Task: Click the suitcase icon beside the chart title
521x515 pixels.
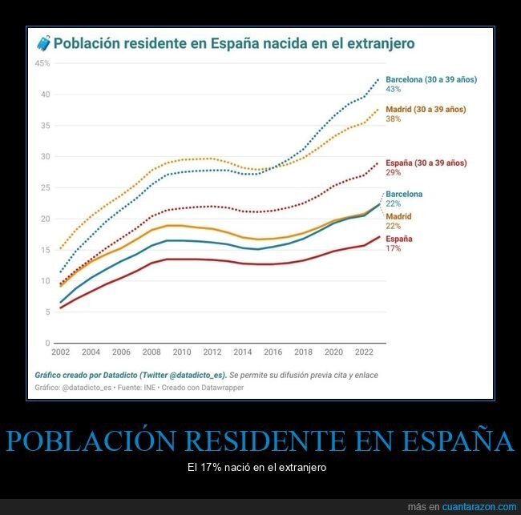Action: point(42,43)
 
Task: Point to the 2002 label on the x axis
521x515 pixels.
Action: point(60,352)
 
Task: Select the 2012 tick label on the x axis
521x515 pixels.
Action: point(212,352)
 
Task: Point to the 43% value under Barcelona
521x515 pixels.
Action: point(393,90)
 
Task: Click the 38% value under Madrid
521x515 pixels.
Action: point(393,119)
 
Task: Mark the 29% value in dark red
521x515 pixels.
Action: point(393,173)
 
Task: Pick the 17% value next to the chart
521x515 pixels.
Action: point(393,248)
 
